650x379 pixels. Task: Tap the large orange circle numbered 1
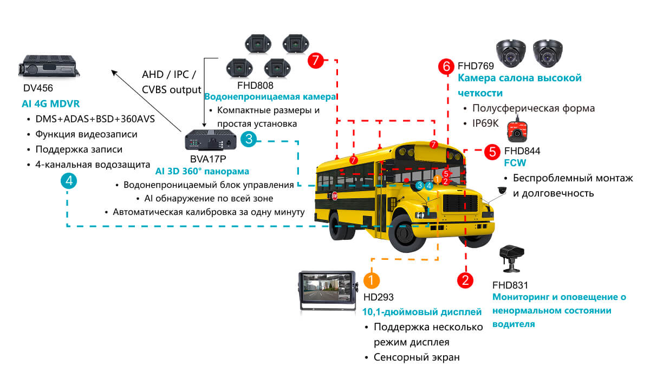click(371, 280)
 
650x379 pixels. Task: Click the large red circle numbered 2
click(465, 280)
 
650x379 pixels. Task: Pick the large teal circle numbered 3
click(248, 139)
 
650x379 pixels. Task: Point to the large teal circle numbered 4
click(68, 181)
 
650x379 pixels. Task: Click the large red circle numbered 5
click(491, 151)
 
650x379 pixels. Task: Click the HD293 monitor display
click(327, 290)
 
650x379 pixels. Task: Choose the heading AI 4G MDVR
click(51, 103)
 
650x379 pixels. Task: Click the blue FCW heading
click(515, 162)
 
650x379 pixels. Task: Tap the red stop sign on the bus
click(335, 196)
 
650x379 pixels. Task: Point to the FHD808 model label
click(255, 86)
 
